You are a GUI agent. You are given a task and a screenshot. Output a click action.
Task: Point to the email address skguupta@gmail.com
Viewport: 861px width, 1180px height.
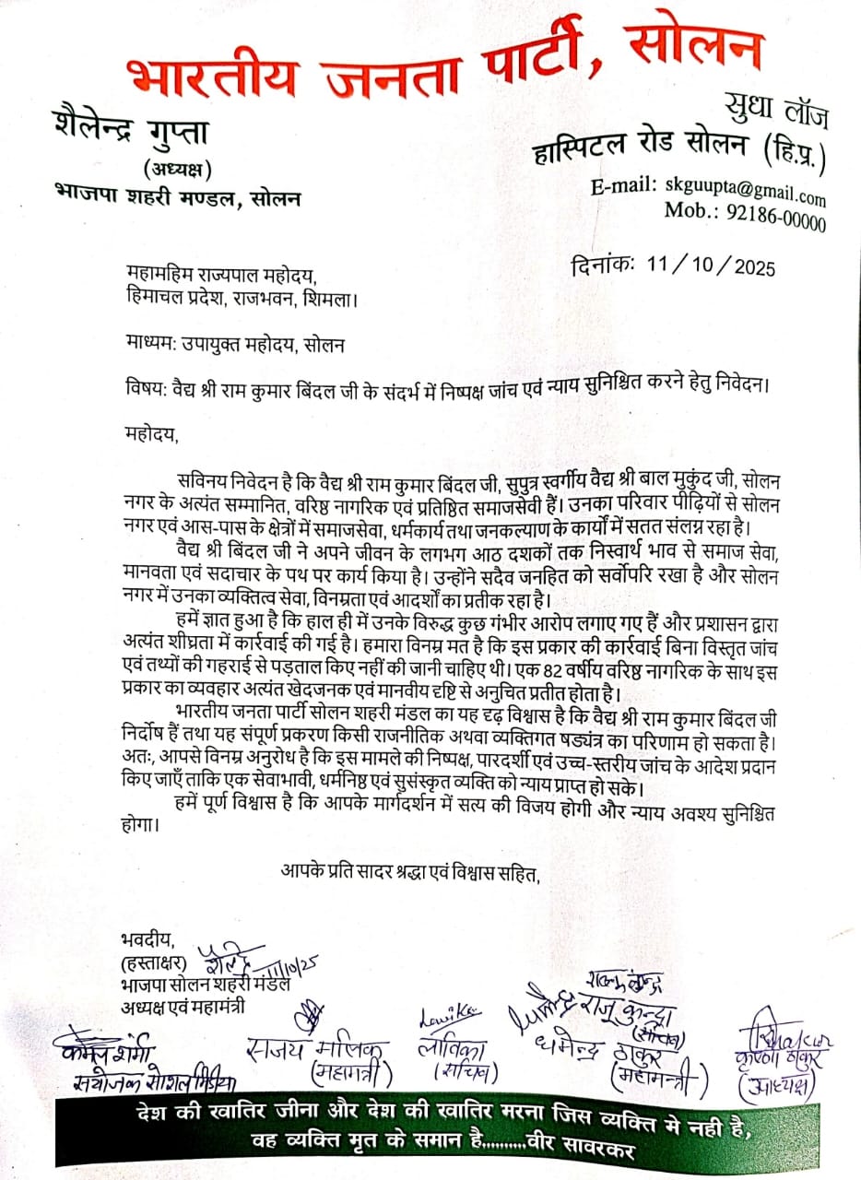745,190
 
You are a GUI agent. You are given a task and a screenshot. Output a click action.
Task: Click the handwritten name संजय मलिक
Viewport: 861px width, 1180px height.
319,1050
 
